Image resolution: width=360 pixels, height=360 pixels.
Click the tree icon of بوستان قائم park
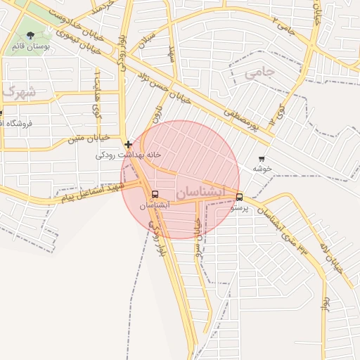click(30, 34)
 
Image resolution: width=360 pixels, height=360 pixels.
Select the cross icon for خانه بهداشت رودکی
click(128, 144)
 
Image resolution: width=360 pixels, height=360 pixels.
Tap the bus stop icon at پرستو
click(240, 198)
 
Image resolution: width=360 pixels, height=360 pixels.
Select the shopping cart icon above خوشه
click(262, 159)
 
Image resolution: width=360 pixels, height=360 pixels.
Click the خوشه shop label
click(262, 169)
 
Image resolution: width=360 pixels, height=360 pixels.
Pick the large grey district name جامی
click(257, 72)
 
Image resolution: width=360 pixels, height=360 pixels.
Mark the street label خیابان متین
click(85, 139)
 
